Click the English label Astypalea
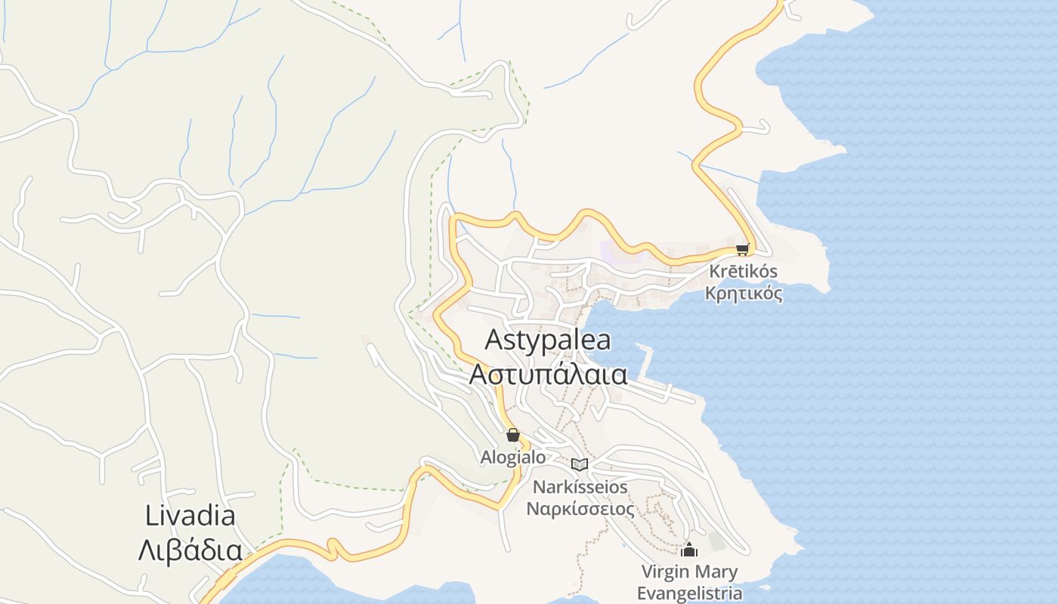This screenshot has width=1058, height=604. (x=548, y=340)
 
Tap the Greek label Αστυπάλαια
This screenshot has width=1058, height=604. (x=548, y=374)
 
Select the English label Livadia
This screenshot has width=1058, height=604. (x=190, y=516)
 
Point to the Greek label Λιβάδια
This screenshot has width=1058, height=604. (x=190, y=550)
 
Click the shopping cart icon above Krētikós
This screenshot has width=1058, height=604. (x=742, y=249)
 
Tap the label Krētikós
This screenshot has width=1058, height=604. (x=744, y=271)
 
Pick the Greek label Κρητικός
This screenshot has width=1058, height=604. (x=744, y=294)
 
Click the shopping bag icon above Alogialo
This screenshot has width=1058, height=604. (x=513, y=435)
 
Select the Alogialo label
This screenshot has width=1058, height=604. (x=513, y=458)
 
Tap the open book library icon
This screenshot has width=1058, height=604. (x=580, y=464)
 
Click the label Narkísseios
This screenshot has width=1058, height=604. (x=580, y=486)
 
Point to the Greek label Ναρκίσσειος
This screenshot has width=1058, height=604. (x=580, y=508)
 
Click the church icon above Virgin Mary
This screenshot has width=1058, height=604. (x=689, y=549)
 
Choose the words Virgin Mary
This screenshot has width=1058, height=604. (x=689, y=572)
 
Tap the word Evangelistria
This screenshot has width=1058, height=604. (x=689, y=593)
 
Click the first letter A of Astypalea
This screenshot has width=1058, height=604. (x=493, y=340)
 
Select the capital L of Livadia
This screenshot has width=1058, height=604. (x=151, y=516)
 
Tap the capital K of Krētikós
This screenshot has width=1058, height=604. (x=715, y=271)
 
